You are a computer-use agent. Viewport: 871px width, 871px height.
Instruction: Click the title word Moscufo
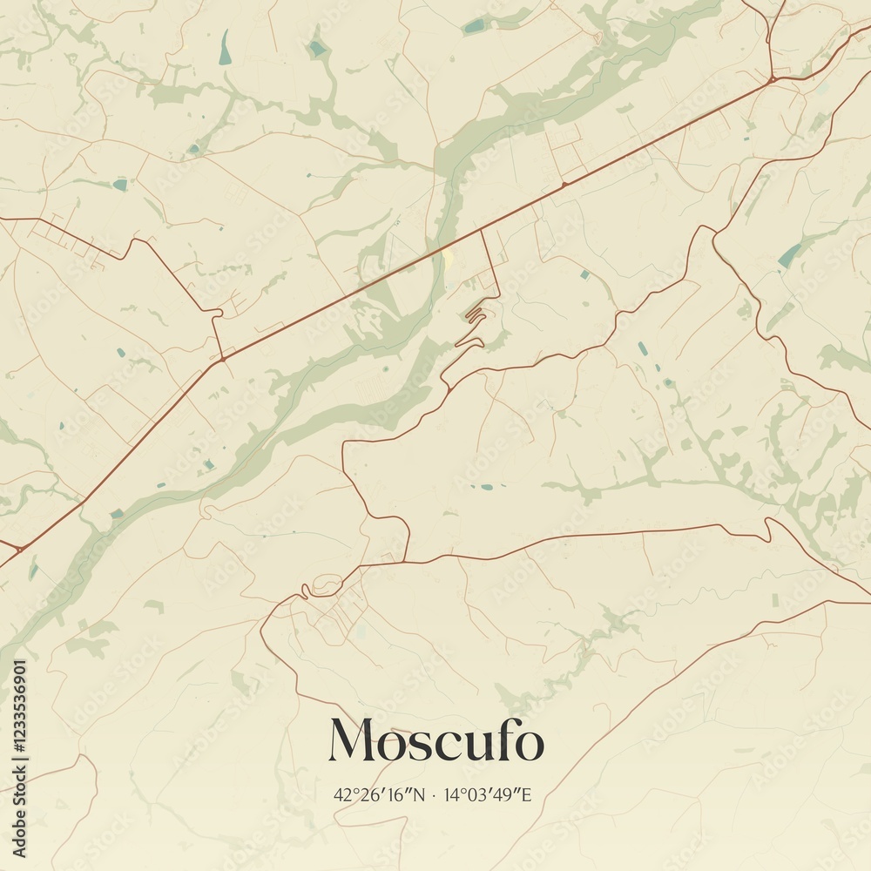435,741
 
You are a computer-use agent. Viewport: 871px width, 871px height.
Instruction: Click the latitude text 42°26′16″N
377,794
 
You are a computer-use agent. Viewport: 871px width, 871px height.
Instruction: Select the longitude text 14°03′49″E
488,794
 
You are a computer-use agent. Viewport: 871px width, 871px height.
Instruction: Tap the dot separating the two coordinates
433,794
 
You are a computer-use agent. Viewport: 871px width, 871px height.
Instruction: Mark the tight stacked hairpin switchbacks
476,313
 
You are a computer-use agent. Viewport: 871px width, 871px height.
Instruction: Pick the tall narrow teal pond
226,48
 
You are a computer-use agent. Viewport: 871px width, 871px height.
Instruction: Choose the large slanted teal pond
790,255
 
